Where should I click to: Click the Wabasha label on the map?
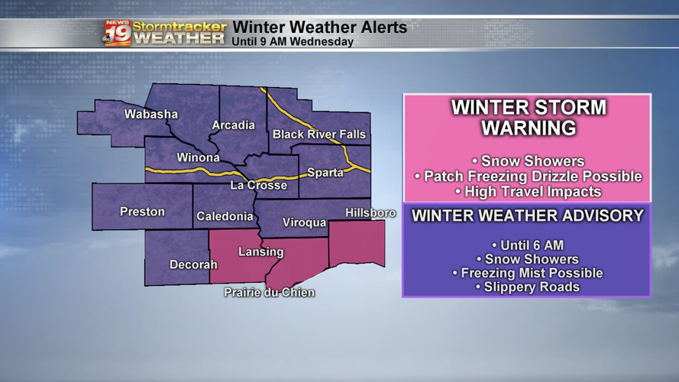tap(151, 115)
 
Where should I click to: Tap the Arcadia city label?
tap(233, 125)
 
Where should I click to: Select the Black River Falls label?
tap(319, 134)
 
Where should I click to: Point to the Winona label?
tap(198, 158)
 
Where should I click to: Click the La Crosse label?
tap(259, 185)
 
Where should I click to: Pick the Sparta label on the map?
tap(325, 173)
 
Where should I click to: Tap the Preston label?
tap(142, 212)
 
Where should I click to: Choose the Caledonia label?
tap(225, 217)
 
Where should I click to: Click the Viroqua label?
tap(304, 222)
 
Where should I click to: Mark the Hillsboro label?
tap(370, 212)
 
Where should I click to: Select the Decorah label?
tap(193, 265)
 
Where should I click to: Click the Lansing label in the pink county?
tap(261, 251)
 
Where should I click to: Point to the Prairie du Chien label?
tap(269, 293)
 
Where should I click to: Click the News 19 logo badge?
tap(117, 33)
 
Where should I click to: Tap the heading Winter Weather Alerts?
tap(319, 28)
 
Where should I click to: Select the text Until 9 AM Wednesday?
tap(293, 42)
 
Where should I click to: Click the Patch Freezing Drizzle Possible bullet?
tap(528, 176)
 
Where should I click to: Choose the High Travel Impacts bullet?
tap(527, 192)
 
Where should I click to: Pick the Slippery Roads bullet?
tap(527, 287)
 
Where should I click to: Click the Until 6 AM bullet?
tap(527, 246)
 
